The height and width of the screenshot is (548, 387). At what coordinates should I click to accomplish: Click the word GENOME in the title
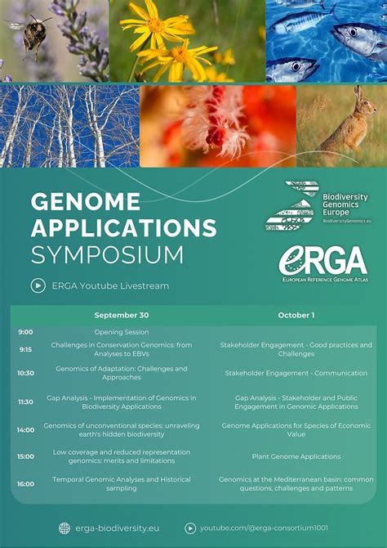pyautogui.click(x=86, y=201)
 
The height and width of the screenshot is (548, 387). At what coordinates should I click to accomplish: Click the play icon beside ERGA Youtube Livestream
pyautogui.click(x=38, y=285)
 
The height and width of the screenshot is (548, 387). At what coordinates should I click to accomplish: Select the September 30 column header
pyautogui.click(x=122, y=315)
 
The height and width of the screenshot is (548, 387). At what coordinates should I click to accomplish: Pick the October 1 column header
pyautogui.click(x=296, y=315)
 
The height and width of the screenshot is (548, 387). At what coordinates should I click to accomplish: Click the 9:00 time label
pyautogui.click(x=26, y=332)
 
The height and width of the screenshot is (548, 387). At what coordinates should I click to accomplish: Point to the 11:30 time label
pyautogui.click(x=26, y=402)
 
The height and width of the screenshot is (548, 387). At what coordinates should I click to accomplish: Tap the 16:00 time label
pyautogui.click(x=26, y=483)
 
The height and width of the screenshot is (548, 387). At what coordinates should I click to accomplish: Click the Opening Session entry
pyautogui.click(x=122, y=332)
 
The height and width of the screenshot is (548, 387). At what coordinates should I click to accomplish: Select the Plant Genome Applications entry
pyautogui.click(x=296, y=456)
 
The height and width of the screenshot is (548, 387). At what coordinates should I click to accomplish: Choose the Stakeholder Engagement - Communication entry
pyautogui.click(x=296, y=373)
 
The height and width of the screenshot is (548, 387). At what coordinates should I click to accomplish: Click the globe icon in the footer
pyautogui.click(x=64, y=528)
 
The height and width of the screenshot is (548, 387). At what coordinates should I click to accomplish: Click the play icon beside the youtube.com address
pyautogui.click(x=190, y=528)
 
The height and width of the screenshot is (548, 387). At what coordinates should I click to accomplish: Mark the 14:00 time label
pyautogui.click(x=26, y=429)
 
